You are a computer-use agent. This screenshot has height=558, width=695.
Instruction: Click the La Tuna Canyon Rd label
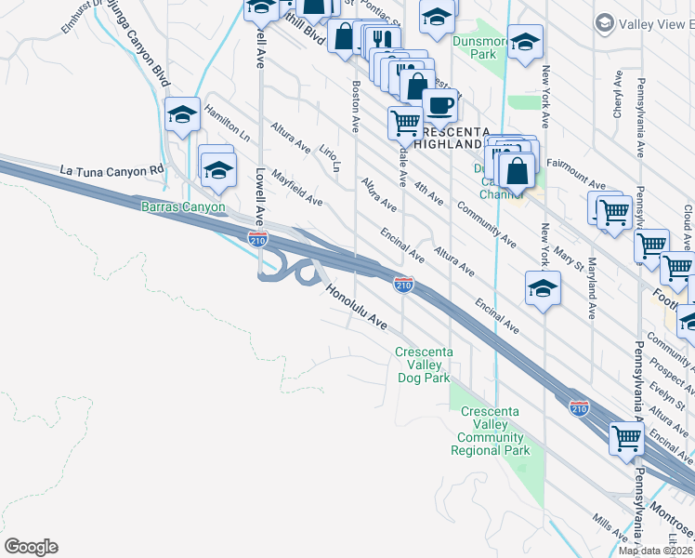[x=111, y=170]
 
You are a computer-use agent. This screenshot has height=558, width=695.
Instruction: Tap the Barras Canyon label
[x=183, y=206]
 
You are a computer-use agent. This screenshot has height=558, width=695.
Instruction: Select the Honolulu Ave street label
[x=356, y=306]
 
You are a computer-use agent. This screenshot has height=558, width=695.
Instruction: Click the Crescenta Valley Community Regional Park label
[x=490, y=431]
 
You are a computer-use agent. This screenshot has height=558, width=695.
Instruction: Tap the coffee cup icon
[x=439, y=104]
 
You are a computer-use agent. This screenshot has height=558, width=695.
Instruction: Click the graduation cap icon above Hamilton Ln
[x=183, y=114]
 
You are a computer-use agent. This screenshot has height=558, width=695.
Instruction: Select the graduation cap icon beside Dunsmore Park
[x=525, y=42]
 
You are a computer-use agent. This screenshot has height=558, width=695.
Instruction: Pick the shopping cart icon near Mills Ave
[x=626, y=437]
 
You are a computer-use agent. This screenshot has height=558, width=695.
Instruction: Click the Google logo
[x=31, y=547]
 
